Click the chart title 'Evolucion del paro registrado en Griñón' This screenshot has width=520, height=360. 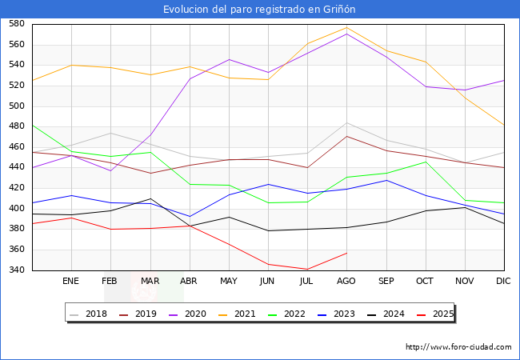pos(259,10)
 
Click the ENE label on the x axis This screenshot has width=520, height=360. pos(71,282)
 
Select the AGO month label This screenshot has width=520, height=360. pos(346,282)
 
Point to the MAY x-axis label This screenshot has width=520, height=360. pos(229,282)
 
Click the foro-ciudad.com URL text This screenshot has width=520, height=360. pos(458,347)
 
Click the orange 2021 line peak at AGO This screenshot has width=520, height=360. pos(346,28)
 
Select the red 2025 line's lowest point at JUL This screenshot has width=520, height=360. pos(307,270)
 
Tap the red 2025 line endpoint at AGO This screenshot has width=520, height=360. pos(346,253)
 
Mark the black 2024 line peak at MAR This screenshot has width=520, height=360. pos(150,198)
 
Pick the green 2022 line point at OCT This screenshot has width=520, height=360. pos(425,162)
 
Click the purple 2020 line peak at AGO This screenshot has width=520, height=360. pos(346,34)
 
